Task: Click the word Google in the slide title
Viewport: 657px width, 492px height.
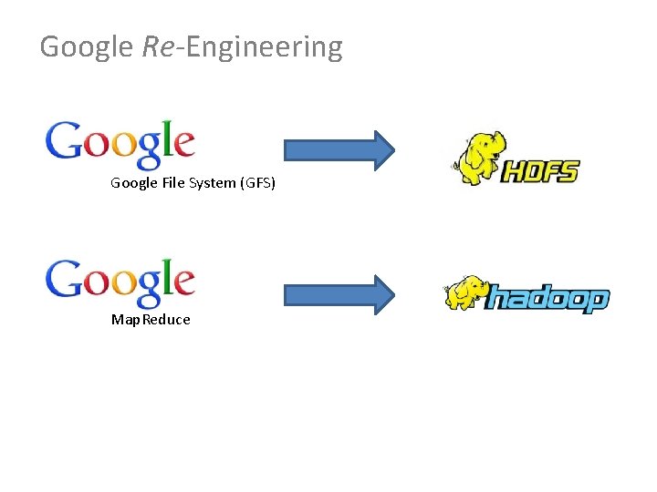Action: click(x=87, y=46)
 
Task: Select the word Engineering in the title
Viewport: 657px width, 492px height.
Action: click(x=265, y=47)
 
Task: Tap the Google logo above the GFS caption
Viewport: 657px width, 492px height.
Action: click(x=120, y=143)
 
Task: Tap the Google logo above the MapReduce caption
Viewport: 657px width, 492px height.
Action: click(x=120, y=280)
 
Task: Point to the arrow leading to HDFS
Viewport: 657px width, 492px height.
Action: click(x=339, y=149)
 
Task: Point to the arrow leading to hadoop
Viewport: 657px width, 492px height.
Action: click(x=339, y=293)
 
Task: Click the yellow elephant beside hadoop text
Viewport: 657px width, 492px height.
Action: click(x=465, y=293)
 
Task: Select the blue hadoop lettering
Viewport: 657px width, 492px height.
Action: click(x=547, y=298)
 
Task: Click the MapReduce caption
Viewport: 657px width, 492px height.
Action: click(x=151, y=320)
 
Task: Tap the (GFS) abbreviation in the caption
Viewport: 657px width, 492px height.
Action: click(x=257, y=183)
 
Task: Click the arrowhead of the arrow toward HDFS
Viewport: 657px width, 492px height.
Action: click(x=381, y=149)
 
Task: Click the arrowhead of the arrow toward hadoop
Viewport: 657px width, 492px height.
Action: click(x=381, y=293)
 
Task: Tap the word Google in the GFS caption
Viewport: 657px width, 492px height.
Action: click(x=134, y=183)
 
